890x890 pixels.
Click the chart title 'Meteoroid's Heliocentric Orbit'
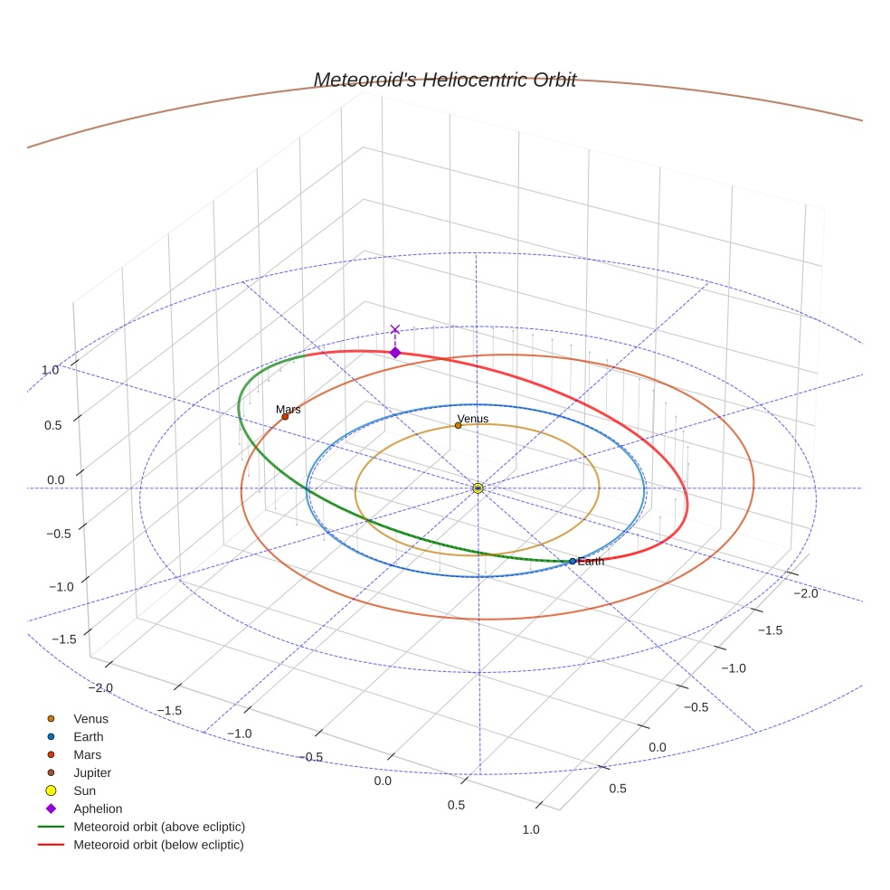pos(444,80)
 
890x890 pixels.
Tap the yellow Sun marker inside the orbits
pos(478,488)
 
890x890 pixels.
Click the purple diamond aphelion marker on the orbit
pos(394,352)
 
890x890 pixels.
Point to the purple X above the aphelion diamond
pos(394,330)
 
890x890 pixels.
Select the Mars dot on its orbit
pos(285,417)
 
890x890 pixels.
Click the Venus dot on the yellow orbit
pos(458,425)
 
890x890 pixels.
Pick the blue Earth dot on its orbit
pos(573,561)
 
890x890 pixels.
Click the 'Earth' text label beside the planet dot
pos(591,562)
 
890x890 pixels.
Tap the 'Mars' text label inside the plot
pos(289,410)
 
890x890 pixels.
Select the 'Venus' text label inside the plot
pos(473,419)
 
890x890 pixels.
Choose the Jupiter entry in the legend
pos(92,772)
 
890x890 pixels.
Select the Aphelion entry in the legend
pos(98,809)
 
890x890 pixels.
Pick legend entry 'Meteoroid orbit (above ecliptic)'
pos(159,827)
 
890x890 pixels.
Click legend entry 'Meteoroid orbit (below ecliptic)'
pos(158,845)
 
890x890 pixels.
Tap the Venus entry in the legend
pos(90,719)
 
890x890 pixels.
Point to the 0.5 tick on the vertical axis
pos(54,425)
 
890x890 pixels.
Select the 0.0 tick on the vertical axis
pos(56,479)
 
